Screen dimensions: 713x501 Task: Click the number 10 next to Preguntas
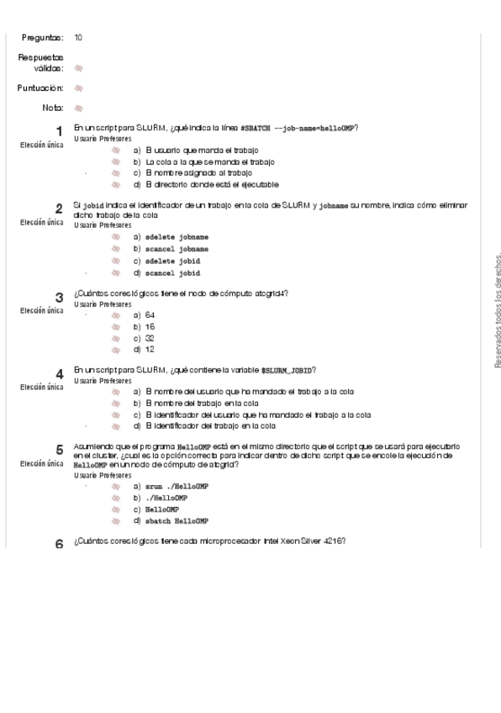[x=78, y=38]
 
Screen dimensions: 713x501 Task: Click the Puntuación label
[x=40, y=87]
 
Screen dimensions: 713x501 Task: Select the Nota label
[x=52, y=108]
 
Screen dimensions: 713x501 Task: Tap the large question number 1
[x=59, y=130]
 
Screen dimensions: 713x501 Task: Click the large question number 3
[x=59, y=297]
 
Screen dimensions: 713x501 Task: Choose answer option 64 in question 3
[x=150, y=314]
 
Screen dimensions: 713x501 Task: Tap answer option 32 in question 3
[x=150, y=338]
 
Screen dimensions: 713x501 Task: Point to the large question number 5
[x=59, y=450]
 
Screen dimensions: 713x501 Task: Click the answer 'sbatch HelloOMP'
[x=177, y=521]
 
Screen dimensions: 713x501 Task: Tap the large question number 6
[x=59, y=544]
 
